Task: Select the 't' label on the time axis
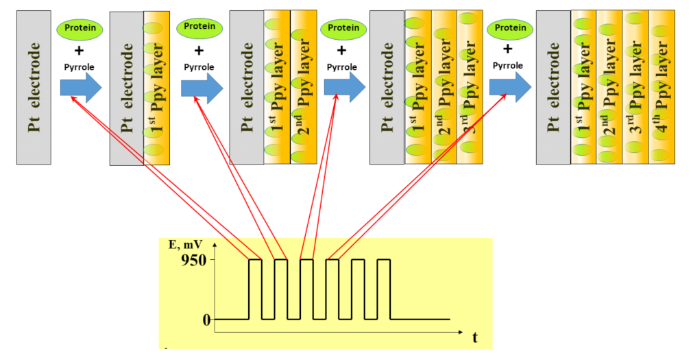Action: point(474,337)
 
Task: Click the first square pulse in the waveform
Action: point(255,289)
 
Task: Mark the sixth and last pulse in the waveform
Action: point(384,289)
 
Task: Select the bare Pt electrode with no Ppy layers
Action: point(34,87)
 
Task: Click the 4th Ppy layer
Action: point(662,87)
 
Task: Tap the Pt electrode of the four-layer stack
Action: point(553,87)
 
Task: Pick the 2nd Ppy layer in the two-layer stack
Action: point(304,87)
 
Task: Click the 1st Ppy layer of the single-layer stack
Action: point(156,87)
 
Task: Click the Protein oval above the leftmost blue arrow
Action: point(80,29)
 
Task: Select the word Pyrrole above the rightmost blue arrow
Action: point(507,65)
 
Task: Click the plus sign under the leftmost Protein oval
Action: point(79,50)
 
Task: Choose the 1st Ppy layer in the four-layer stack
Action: point(583,87)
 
